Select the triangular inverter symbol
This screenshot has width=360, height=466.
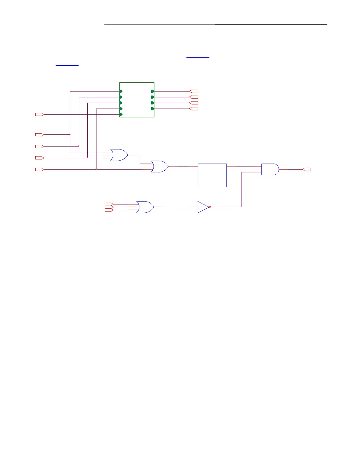coord(203,207)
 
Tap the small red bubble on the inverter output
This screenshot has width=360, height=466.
coord(210,207)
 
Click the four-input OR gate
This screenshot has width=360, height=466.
coord(119,155)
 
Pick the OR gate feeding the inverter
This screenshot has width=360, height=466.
coord(145,207)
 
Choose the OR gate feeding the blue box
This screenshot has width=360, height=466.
coord(159,167)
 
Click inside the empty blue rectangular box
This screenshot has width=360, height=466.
coord(212,175)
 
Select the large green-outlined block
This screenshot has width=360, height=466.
coord(137,100)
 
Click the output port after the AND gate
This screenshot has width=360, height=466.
coord(306,169)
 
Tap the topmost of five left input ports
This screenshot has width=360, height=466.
coord(39,114)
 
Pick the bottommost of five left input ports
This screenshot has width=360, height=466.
coord(39,169)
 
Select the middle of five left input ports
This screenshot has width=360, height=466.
coord(39,146)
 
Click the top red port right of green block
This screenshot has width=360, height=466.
coord(194,91)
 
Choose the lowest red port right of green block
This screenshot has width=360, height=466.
coord(194,109)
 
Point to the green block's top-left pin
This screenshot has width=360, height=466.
coord(121,91)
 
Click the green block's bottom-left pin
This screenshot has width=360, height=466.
coord(121,114)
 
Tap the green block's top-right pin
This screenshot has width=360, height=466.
coord(153,91)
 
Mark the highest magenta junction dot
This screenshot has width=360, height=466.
coord(70,134)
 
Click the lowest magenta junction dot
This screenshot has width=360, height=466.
coord(96,169)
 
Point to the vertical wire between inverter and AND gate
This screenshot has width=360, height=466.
coord(241,190)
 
